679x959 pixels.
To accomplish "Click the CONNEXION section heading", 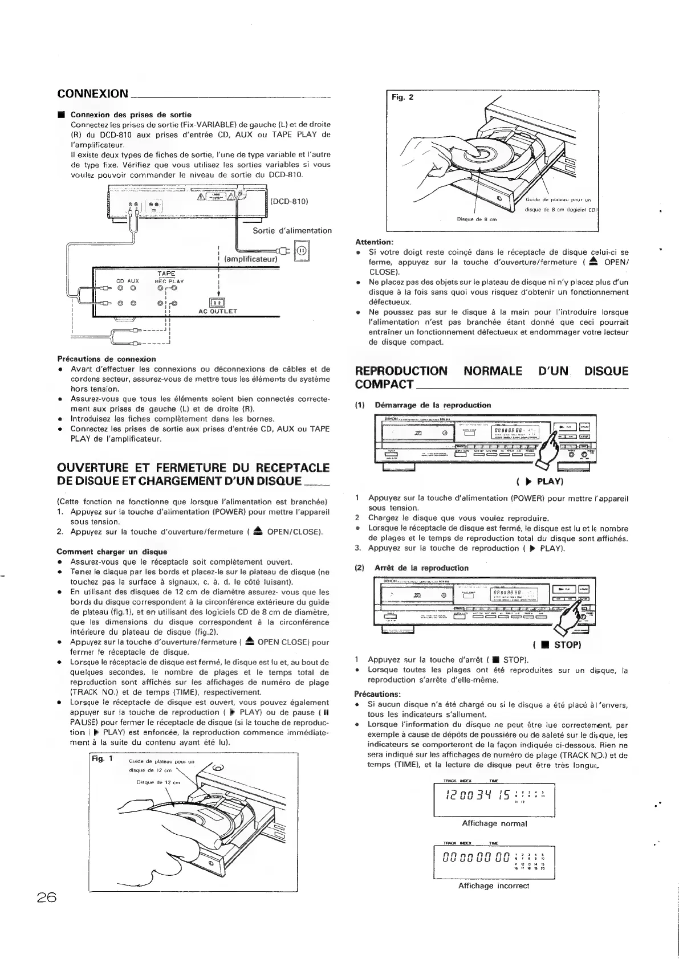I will click(x=93, y=93).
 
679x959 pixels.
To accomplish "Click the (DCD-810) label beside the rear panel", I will click(x=290, y=201).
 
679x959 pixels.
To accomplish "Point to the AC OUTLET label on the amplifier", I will click(x=218, y=312).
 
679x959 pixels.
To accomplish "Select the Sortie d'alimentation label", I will click(x=292, y=231).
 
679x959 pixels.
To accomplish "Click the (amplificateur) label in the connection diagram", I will click(x=250, y=259).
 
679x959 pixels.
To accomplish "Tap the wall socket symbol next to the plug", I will click(x=302, y=250).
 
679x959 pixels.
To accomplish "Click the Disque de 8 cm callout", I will click(x=477, y=218).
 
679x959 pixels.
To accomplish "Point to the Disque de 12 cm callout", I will click(x=158, y=782).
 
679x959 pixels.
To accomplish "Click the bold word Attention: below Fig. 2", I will click(x=374, y=242).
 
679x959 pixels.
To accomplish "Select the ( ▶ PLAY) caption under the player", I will click(x=540, y=481).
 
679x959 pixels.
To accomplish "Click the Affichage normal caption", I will click(x=494, y=823).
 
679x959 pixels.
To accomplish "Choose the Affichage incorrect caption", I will click(x=494, y=886).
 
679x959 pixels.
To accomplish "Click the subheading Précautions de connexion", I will click(x=107, y=359).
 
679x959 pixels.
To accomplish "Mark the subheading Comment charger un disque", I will click(x=112, y=552).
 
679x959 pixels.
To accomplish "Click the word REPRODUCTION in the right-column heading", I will click(x=401, y=372).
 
